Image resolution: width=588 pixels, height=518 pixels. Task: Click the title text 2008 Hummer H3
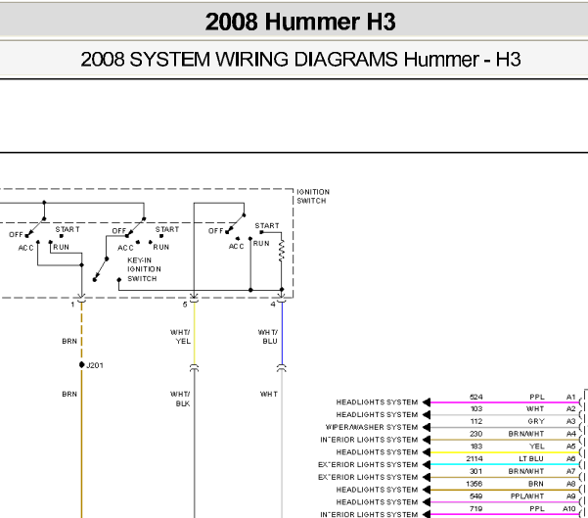(x=300, y=22)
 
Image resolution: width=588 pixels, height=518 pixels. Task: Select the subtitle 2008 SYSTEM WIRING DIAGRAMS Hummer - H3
(x=300, y=60)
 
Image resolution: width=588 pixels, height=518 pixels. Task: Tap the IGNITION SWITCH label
(x=313, y=196)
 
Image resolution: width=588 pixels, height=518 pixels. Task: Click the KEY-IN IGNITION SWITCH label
(x=144, y=269)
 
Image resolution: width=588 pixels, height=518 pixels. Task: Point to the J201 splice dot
(x=82, y=364)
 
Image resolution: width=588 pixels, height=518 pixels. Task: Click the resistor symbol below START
(x=281, y=251)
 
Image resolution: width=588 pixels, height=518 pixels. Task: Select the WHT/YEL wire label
(x=180, y=337)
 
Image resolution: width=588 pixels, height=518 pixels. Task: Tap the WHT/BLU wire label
(x=268, y=337)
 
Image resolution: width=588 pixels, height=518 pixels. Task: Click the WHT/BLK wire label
(x=180, y=399)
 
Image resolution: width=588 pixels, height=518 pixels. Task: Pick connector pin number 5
(x=185, y=305)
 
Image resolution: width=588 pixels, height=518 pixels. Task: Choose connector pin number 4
(x=273, y=305)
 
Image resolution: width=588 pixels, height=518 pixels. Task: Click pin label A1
(x=570, y=397)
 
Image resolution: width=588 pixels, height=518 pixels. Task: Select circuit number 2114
(x=475, y=458)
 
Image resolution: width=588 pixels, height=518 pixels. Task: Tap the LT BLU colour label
(x=531, y=458)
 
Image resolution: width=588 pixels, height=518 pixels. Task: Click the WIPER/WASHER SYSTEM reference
(x=371, y=427)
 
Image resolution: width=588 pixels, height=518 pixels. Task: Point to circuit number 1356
(x=475, y=484)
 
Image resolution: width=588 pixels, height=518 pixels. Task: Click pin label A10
(x=569, y=508)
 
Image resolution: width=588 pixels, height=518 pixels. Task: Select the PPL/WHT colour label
(x=527, y=496)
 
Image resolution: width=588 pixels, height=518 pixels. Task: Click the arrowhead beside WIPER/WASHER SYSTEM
(x=427, y=427)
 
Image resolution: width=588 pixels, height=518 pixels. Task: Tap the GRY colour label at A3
(x=536, y=421)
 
